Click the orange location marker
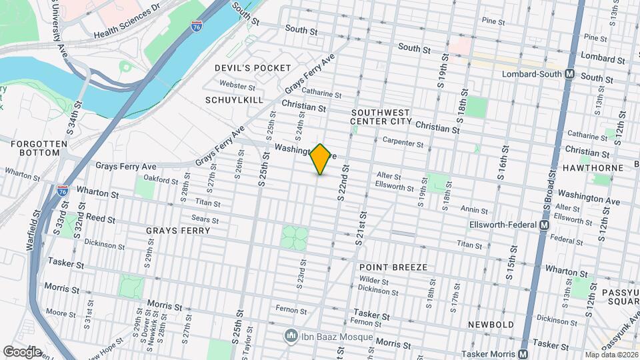[x=321, y=159]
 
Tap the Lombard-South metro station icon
[x=569, y=74]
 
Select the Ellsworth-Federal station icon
[x=544, y=225]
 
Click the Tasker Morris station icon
[x=523, y=354]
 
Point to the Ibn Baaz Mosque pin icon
[x=291, y=334]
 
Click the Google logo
[x=22, y=351]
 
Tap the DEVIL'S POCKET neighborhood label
[x=253, y=68]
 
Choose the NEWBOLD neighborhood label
[x=490, y=324]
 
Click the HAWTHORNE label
[x=597, y=168]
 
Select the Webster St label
[x=238, y=86]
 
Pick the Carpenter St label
[x=403, y=142]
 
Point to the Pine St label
[x=493, y=21]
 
